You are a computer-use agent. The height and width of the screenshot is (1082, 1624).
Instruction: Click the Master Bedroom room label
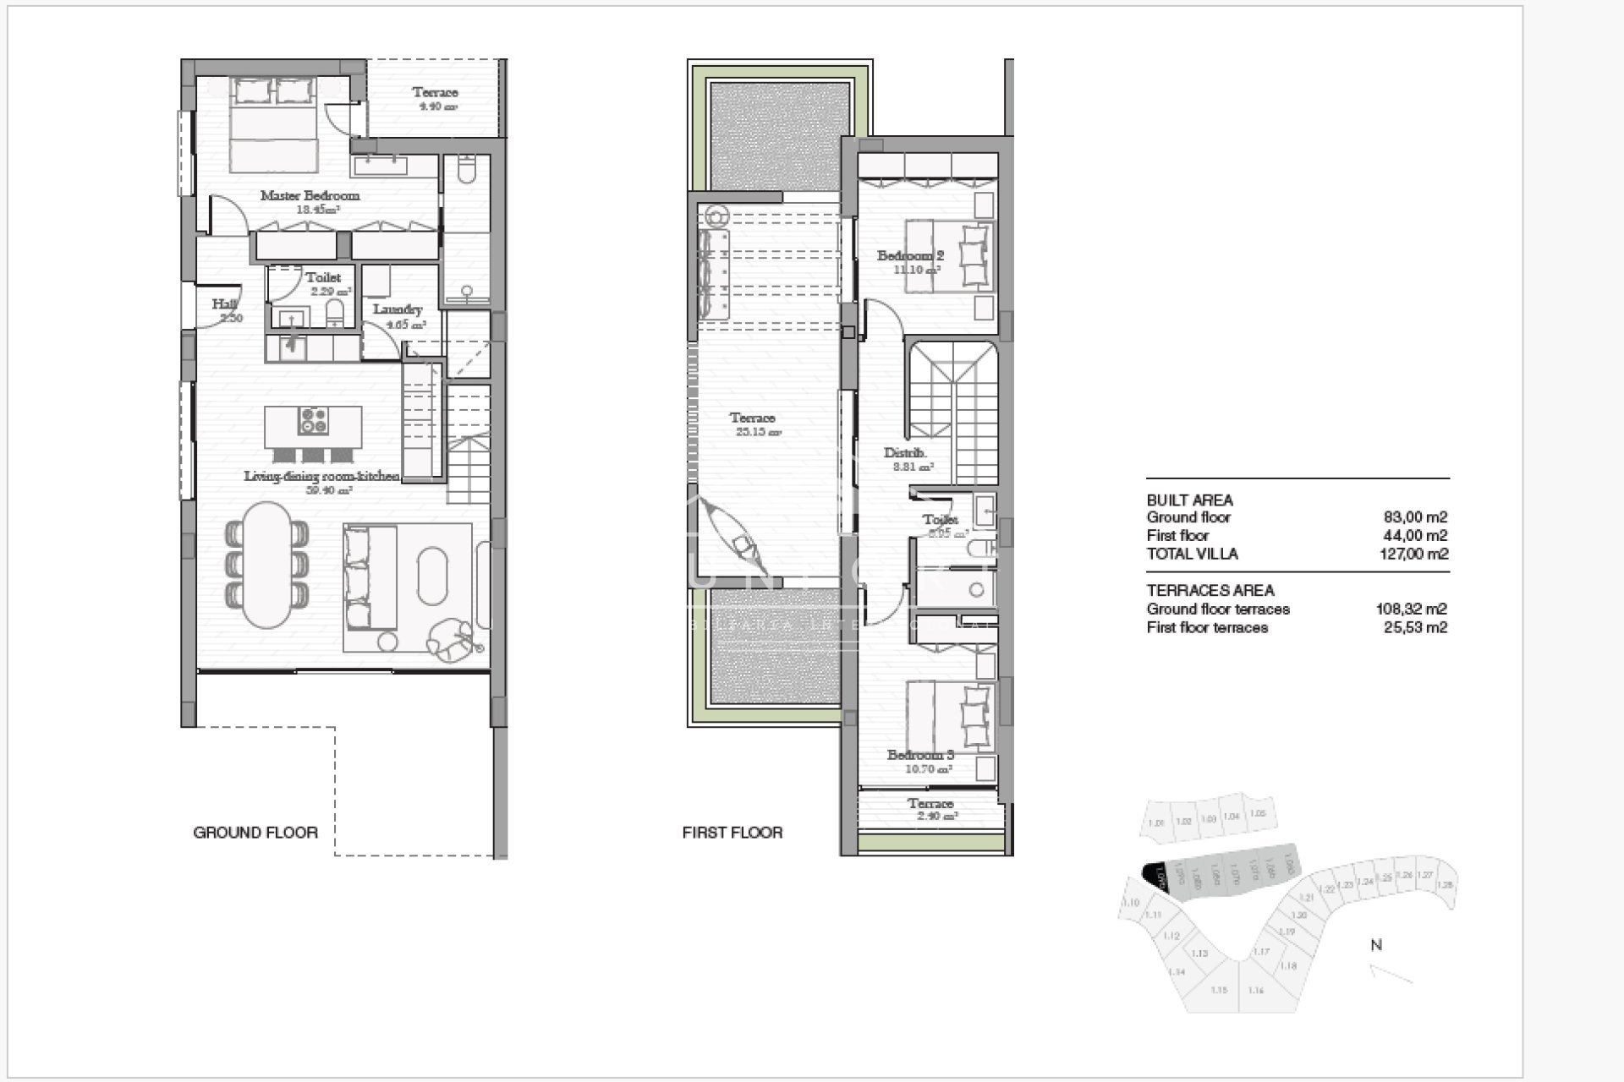pyautogui.click(x=310, y=195)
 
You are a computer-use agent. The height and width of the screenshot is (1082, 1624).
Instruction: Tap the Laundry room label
pyautogui.click(x=397, y=309)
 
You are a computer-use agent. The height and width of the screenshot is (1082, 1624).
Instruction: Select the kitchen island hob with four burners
pyautogui.click(x=314, y=421)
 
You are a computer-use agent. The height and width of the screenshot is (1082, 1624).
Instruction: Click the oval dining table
pyautogui.click(x=267, y=564)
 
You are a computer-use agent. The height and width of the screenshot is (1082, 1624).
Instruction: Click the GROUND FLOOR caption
pyautogui.click(x=255, y=833)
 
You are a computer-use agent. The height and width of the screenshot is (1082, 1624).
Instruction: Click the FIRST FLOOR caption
pyautogui.click(x=732, y=833)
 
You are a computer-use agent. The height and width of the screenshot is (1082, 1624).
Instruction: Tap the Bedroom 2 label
pyautogui.click(x=910, y=255)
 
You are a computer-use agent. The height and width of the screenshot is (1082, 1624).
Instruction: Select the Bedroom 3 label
pyautogui.click(x=920, y=755)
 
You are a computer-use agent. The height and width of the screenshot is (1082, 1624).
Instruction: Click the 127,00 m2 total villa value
pyautogui.click(x=1413, y=555)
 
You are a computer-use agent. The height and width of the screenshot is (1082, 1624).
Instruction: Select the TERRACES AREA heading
pyautogui.click(x=1210, y=591)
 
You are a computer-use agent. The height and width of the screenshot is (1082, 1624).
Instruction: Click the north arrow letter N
pyautogui.click(x=1376, y=945)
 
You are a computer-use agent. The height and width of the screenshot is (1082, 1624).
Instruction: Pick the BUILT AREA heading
pyautogui.click(x=1189, y=500)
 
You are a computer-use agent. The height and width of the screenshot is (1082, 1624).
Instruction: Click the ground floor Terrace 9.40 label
pyautogui.click(x=435, y=93)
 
